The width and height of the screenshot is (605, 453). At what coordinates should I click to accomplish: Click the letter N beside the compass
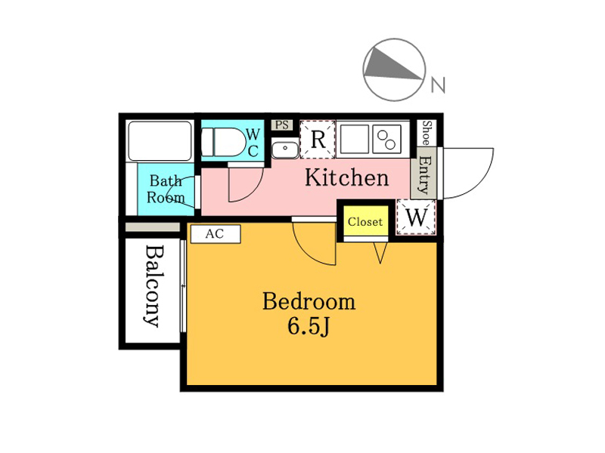tap(438, 85)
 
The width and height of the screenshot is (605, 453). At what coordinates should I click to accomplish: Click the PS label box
tap(282, 125)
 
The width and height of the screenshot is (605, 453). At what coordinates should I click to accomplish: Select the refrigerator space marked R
tap(318, 139)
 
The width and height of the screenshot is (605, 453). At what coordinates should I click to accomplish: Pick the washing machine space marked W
tap(416, 217)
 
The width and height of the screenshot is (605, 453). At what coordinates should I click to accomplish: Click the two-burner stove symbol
tap(386, 139)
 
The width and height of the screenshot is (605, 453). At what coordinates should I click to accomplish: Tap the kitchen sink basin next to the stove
tap(354, 139)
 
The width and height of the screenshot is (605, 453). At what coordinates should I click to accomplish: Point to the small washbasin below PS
tap(285, 148)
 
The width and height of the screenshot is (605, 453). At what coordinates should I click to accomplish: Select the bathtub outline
tap(160, 141)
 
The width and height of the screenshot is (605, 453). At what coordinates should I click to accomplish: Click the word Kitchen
tap(346, 177)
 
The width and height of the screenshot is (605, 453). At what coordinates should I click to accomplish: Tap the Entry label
tap(424, 174)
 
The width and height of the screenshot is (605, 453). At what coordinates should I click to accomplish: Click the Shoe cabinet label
tap(427, 133)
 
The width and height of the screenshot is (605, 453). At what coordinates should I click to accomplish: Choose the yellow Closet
tap(365, 220)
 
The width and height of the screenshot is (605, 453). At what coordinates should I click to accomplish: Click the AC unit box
tap(216, 234)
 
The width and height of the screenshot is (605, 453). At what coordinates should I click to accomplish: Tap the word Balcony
tap(154, 287)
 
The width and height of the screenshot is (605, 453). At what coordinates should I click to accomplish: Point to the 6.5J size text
tap(309, 327)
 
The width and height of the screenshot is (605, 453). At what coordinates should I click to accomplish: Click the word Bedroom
tap(309, 301)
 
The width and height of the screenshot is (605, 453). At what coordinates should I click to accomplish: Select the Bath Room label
tap(166, 190)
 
